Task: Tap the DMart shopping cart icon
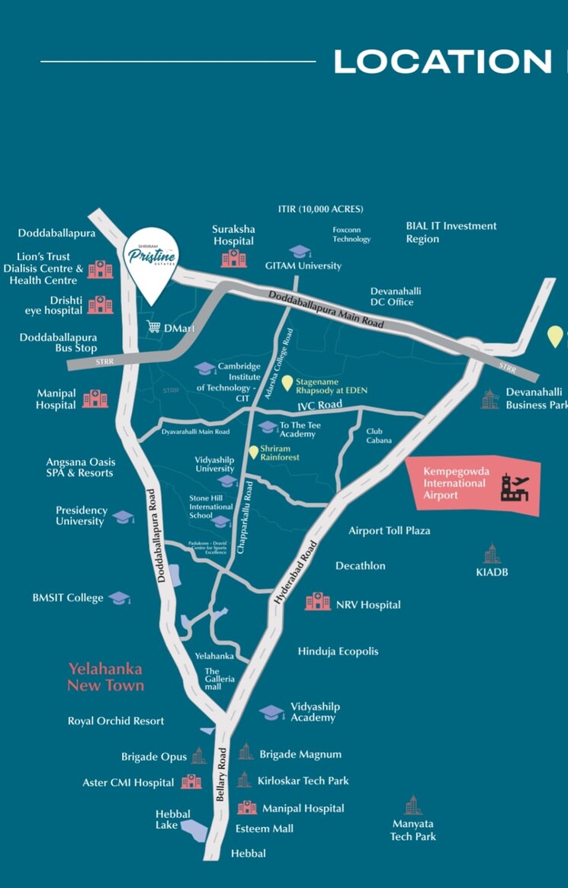pos(153,328)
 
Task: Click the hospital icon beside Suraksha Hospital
pos(233,259)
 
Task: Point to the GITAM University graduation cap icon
pos(299,252)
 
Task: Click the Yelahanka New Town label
pos(105,677)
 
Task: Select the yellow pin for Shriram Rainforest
pos(254,452)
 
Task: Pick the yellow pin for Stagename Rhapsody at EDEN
pos(287,383)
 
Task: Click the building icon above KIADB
pos(492,554)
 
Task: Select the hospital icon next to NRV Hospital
pos(317,602)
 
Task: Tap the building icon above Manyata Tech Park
pos(412,805)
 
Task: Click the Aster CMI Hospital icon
pos(191,782)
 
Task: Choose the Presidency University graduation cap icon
pos(123,516)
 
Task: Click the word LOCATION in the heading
pos(442,62)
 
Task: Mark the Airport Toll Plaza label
pos(389,530)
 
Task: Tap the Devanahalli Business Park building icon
pos(489,399)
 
